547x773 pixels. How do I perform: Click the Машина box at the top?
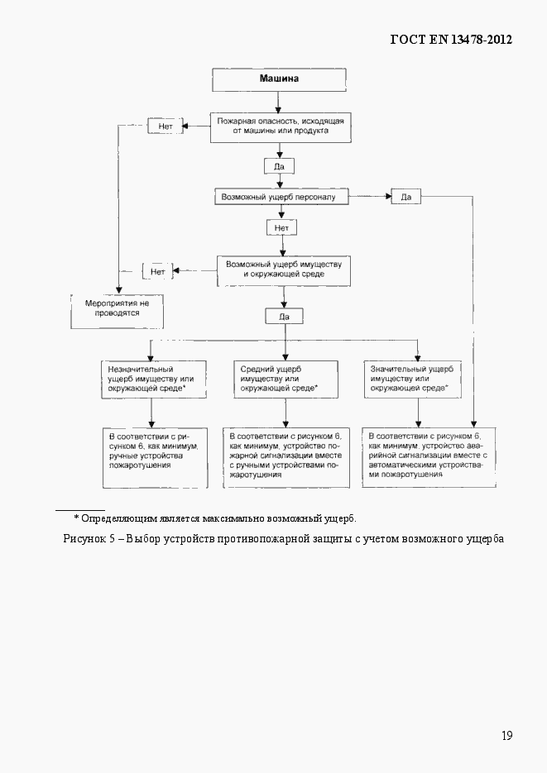279,80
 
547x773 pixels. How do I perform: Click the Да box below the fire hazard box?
279,166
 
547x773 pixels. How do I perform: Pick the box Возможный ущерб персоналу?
281,197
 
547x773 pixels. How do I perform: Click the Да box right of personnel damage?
405,197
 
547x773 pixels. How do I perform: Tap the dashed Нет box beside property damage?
157,270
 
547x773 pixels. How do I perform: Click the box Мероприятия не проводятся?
117,309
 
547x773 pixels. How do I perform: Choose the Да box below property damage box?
284,316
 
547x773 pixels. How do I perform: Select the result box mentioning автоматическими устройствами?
429,457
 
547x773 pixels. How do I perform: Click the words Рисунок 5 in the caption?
89,539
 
